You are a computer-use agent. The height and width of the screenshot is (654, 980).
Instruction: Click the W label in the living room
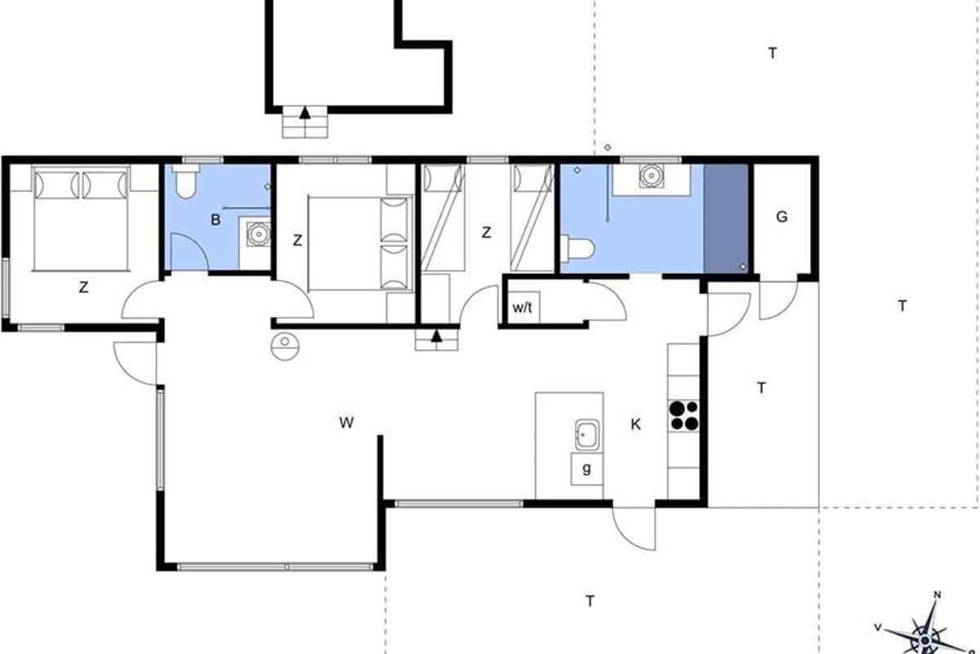346,423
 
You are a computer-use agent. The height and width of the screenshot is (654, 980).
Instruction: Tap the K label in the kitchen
635,424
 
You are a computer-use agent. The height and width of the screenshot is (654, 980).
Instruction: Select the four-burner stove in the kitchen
684,415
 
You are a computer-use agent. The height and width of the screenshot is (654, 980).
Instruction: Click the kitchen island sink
587,435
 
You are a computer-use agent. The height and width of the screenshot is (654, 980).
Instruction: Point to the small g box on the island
586,468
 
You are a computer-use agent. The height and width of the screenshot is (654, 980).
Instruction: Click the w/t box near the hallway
523,307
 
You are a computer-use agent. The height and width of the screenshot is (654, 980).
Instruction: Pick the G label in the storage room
782,217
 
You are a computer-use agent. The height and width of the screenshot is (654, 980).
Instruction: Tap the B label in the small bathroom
216,219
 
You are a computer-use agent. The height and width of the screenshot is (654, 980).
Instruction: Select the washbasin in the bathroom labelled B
258,234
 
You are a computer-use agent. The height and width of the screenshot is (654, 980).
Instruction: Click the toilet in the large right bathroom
577,249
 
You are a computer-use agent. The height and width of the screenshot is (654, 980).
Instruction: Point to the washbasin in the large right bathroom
651,176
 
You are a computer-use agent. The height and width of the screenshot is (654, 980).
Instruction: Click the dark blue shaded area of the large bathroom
726,218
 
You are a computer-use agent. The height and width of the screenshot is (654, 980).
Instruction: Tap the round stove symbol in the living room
285,346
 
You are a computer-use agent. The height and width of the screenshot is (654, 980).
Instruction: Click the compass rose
924,631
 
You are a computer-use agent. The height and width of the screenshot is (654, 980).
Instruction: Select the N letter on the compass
938,595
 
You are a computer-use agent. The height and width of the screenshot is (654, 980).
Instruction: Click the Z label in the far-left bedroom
83,288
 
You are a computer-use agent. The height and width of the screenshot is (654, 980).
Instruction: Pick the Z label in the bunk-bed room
486,233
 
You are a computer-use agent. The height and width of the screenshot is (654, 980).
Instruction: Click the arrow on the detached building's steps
305,113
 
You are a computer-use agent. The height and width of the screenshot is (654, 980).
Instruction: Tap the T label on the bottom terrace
590,601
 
